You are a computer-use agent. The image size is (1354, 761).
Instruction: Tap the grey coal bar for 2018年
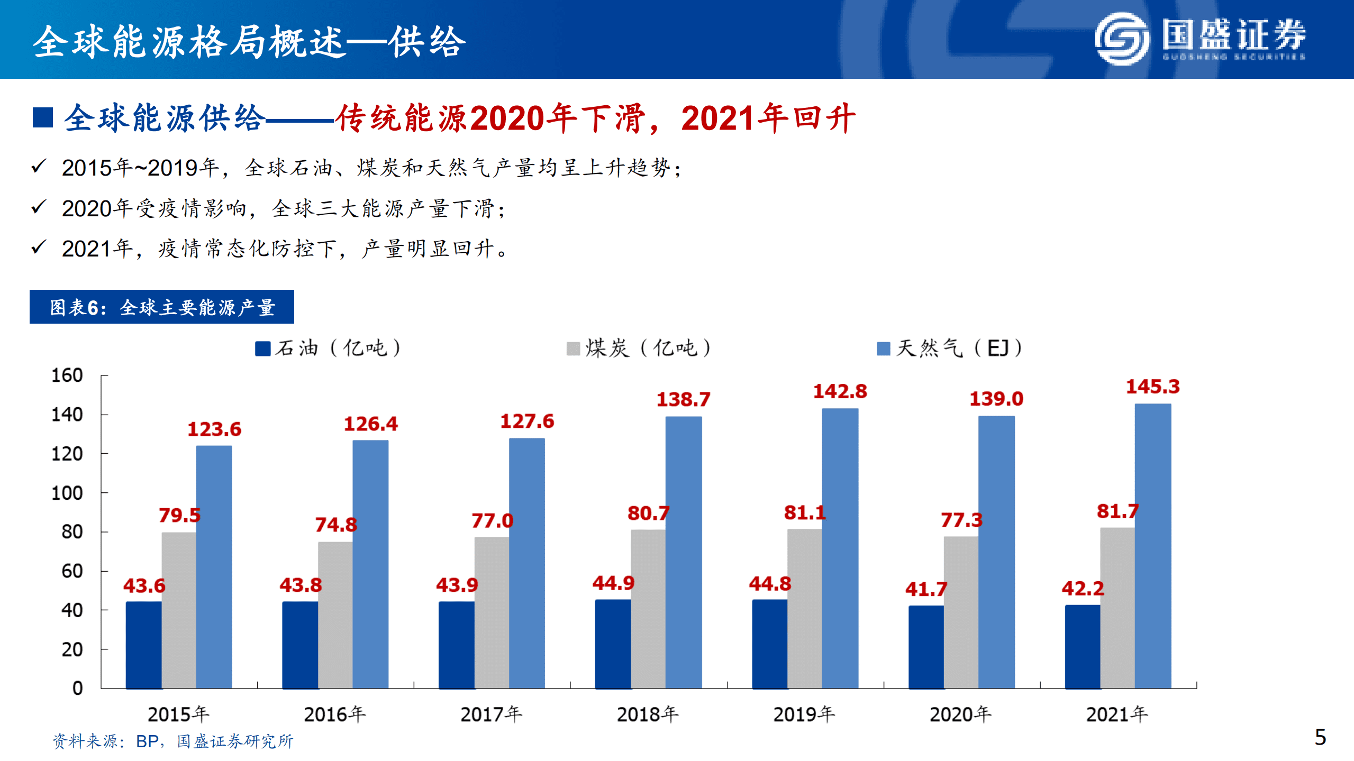pos(648,608)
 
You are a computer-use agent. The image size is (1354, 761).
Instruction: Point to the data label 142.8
pos(840,392)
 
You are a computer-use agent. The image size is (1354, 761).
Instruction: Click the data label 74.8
pos(336,525)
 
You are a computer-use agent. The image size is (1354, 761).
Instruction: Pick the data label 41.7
pos(926,589)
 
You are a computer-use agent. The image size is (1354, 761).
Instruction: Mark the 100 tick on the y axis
pos(67,493)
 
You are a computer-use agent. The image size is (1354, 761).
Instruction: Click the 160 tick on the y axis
pos(67,375)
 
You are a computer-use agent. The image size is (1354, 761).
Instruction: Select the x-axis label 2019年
pos(804,714)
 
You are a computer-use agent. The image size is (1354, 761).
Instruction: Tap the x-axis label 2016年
pos(334,714)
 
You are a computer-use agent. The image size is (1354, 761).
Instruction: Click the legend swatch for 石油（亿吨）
pos(262,349)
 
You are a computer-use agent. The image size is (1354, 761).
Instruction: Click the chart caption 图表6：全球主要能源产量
pos(162,307)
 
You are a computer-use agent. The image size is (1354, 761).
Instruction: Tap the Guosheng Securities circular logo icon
pos(1121,39)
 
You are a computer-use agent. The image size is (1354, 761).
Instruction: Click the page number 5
pos(1320,737)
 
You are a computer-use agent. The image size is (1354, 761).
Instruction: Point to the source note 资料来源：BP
pos(106,741)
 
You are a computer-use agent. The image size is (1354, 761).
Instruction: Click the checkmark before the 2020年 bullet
pos(39,207)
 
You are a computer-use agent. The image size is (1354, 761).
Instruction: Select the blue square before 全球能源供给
pos(43,117)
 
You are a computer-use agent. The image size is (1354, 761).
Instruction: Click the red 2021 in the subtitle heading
pos(717,118)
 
